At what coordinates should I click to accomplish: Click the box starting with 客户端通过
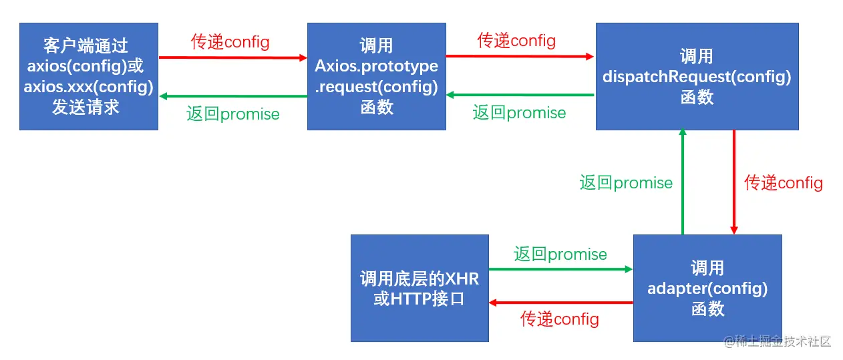coord(89,76)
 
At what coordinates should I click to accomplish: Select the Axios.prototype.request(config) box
coord(377,76)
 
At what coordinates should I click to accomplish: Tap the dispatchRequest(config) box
coord(697,76)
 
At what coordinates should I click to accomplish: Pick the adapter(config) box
coord(707,288)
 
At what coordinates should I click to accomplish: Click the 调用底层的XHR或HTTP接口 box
coord(419,288)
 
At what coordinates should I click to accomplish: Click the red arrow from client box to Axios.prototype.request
coord(232,57)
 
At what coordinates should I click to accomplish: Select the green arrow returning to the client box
coord(232,96)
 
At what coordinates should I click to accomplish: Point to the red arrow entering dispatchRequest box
coord(520,57)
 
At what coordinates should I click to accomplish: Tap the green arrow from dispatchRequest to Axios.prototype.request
coord(520,96)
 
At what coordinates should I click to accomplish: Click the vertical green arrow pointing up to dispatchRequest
coord(683,182)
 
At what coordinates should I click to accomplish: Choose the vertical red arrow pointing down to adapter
coord(733,182)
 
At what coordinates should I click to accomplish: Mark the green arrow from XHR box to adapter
coord(560,269)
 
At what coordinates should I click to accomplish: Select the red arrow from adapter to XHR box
coord(560,303)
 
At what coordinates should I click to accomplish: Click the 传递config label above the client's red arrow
coord(230,42)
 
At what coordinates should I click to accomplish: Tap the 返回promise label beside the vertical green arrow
coord(626,182)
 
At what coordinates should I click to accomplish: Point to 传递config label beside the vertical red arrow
coord(784,182)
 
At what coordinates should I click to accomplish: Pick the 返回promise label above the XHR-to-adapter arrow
coord(560,254)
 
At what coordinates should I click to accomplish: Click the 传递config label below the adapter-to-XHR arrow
coord(560,319)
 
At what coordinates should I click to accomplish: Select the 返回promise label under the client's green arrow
coord(233,114)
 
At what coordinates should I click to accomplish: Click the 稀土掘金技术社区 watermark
coord(778,342)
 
